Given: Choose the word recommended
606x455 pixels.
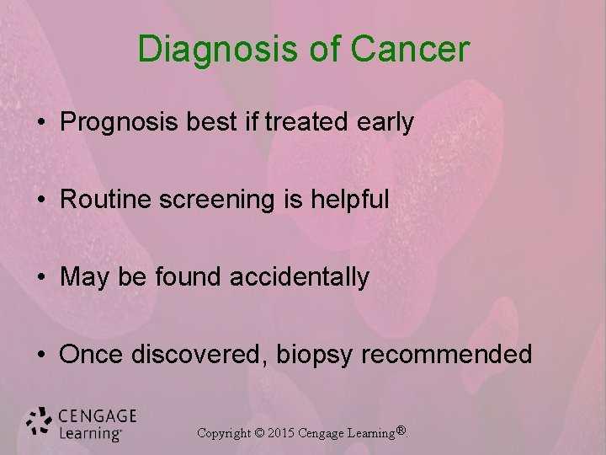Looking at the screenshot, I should pos(447,354).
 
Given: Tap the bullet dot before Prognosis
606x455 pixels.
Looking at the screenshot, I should pos(41,124).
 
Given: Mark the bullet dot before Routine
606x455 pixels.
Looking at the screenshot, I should pos(41,201).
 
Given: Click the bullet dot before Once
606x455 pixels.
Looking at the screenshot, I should pos(41,355).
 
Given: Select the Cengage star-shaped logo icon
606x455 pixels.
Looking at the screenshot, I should pos(39,421).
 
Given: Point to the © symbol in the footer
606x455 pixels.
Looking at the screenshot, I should pos(260,433).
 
